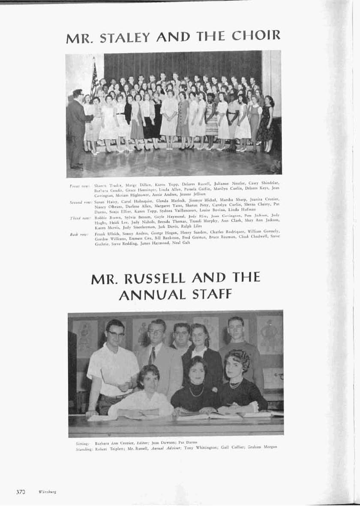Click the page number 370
[21, 491]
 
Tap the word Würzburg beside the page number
[48, 492]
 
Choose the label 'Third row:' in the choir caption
[80, 217]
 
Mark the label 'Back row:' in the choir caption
[80, 235]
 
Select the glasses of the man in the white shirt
[116, 333]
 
